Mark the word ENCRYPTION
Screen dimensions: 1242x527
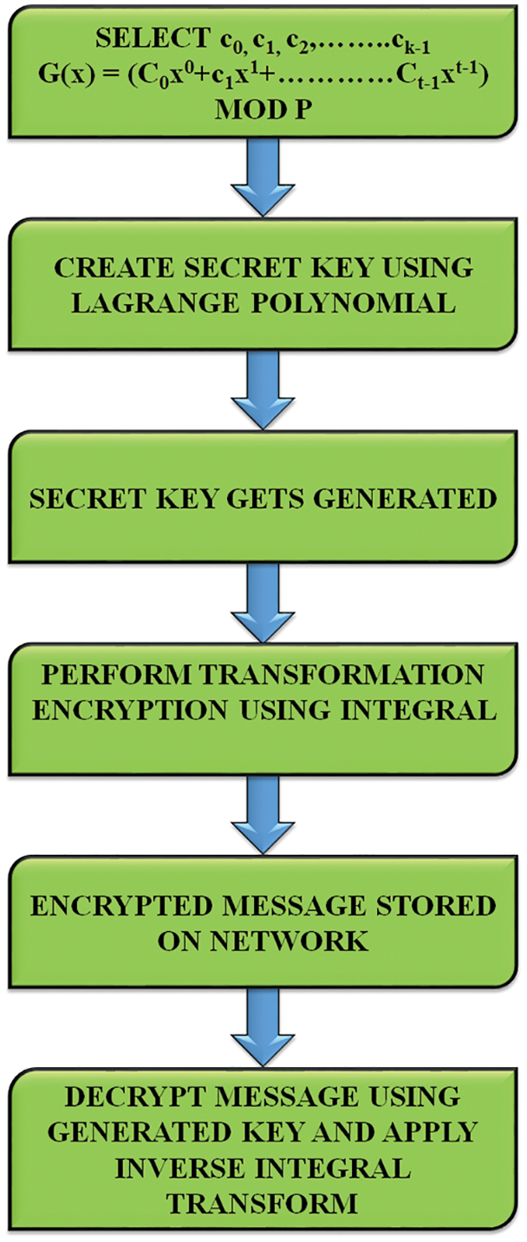[x=134, y=713]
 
